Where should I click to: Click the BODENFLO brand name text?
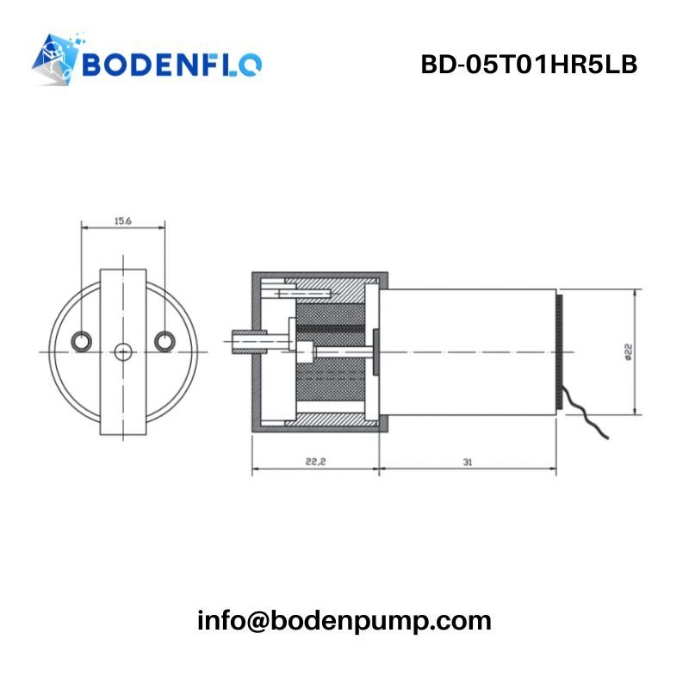click(172, 65)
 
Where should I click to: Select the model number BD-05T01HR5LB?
click(529, 65)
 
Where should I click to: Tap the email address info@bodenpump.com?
click(344, 621)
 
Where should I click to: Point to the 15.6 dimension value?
click(123, 221)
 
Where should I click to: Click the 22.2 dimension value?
click(315, 462)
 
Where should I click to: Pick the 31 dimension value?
click(467, 462)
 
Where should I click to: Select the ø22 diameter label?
click(628, 352)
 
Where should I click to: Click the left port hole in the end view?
click(81, 341)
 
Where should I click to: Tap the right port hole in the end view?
click(164, 341)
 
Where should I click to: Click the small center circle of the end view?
click(123, 352)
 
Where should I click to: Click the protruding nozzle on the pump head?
click(249, 341)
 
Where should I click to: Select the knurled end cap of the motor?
click(559, 352)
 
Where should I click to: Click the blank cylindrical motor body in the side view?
click(468, 352)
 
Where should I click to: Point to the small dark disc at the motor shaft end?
click(376, 352)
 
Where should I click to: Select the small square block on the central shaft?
click(305, 352)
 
